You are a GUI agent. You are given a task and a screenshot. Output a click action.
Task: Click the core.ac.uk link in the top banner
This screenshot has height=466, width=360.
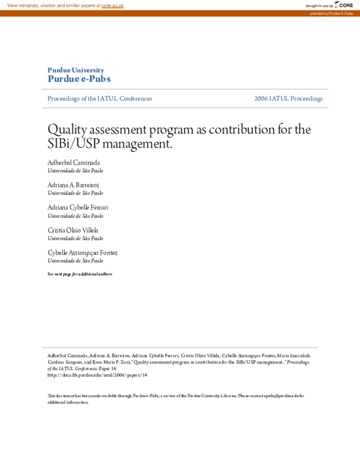pyautogui.click(x=113, y=5)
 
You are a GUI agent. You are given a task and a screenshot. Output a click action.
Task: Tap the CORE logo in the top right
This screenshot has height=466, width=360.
pyautogui.click(x=344, y=5)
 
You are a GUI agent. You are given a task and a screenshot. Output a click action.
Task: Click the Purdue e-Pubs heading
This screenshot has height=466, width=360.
pyautogui.click(x=79, y=79)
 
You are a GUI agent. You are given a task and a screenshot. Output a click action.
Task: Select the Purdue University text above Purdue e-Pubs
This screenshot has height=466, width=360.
pyautogui.click(x=76, y=70)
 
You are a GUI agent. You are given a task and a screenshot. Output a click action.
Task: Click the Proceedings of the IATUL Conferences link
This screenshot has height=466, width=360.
pyautogui.click(x=100, y=98)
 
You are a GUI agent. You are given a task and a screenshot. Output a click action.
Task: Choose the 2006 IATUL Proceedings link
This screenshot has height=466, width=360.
pyautogui.click(x=288, y=98)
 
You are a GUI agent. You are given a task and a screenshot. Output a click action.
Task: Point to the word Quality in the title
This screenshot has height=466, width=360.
pyautogui.click(x=67, y=129)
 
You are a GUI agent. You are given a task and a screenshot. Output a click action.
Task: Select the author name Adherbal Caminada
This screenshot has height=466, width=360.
pyautogui.click(x=74, y=163)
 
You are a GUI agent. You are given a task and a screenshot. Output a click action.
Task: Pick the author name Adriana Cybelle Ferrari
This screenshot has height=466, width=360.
pyautogui.click(x=78, y=208)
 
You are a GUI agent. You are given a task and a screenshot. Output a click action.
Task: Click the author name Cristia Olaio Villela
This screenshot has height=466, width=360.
pyautogui.click(x=73, y=230)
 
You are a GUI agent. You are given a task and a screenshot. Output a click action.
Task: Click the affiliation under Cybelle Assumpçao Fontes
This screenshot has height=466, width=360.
pyautogui.click(x=75, y=261)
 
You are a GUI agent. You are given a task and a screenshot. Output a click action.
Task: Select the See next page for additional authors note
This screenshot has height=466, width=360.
pyautogui.click(x=79, y=274)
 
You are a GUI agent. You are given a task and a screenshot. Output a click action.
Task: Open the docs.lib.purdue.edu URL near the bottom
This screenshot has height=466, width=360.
pyautogui.click(x=97, y=375)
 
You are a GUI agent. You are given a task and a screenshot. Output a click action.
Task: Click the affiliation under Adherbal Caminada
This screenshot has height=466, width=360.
pyautogui.click(x=75, y=171)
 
